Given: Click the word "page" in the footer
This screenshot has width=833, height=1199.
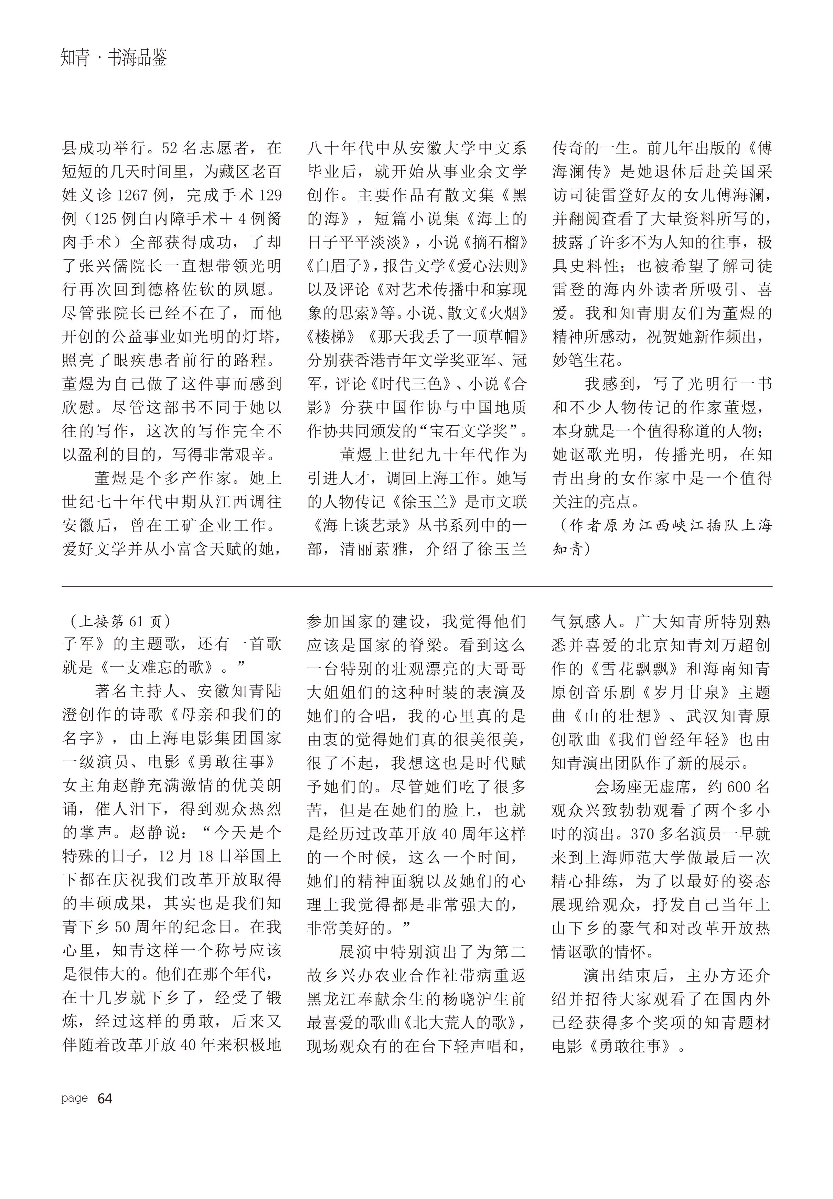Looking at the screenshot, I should coord(74,1098).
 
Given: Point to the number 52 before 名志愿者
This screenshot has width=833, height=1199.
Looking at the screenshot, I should coord(170,149).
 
